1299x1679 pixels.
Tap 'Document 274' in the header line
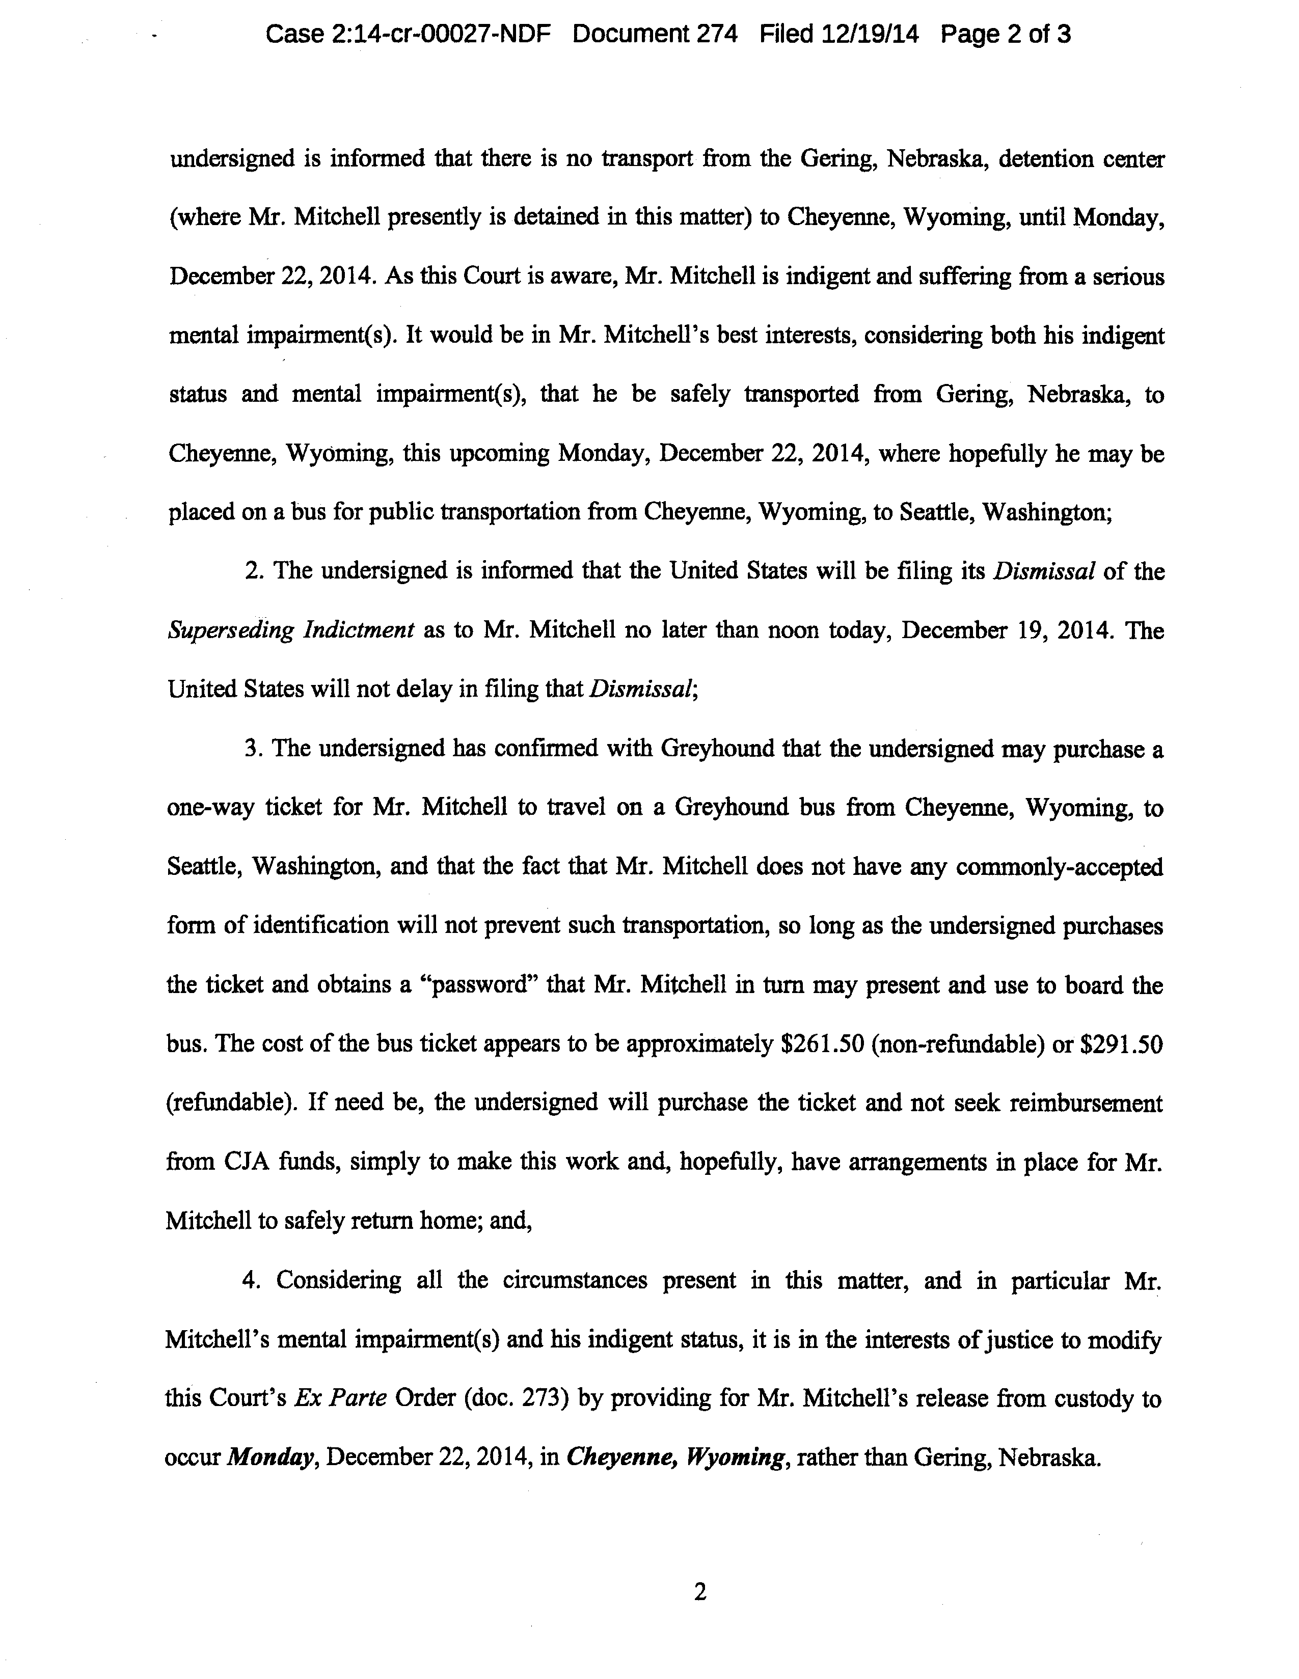click(x=655, y=35)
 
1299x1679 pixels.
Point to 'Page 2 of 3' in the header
click(x=1005, y=35)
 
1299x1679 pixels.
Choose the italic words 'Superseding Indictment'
click(x=291, y=630)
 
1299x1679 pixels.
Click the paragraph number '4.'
click(x=252, y=1280)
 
